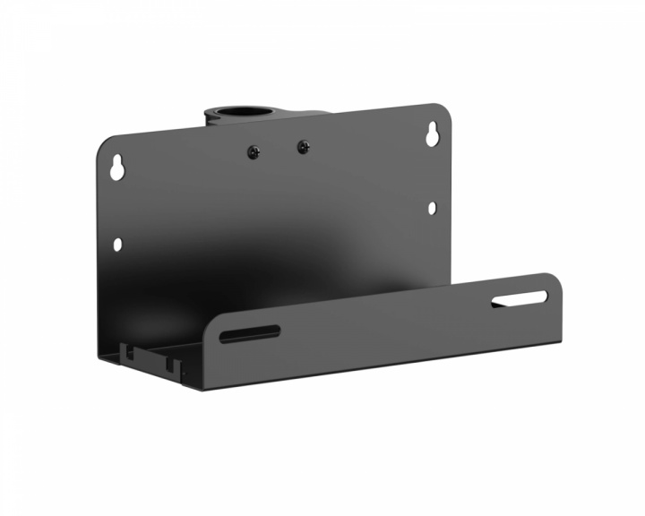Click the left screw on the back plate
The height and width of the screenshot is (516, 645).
pyautogui.click(x=254, y=151)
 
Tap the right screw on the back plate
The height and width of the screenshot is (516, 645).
pyautogui.click(x=303, y=145)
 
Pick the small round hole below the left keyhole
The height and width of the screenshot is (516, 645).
pyautogui.click(x=116, y=243)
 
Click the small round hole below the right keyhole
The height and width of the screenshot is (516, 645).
pyautogui.click(x=432, y=208)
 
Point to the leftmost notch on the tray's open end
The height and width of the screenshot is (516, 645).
pyautogui.click(x=132, y=351)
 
